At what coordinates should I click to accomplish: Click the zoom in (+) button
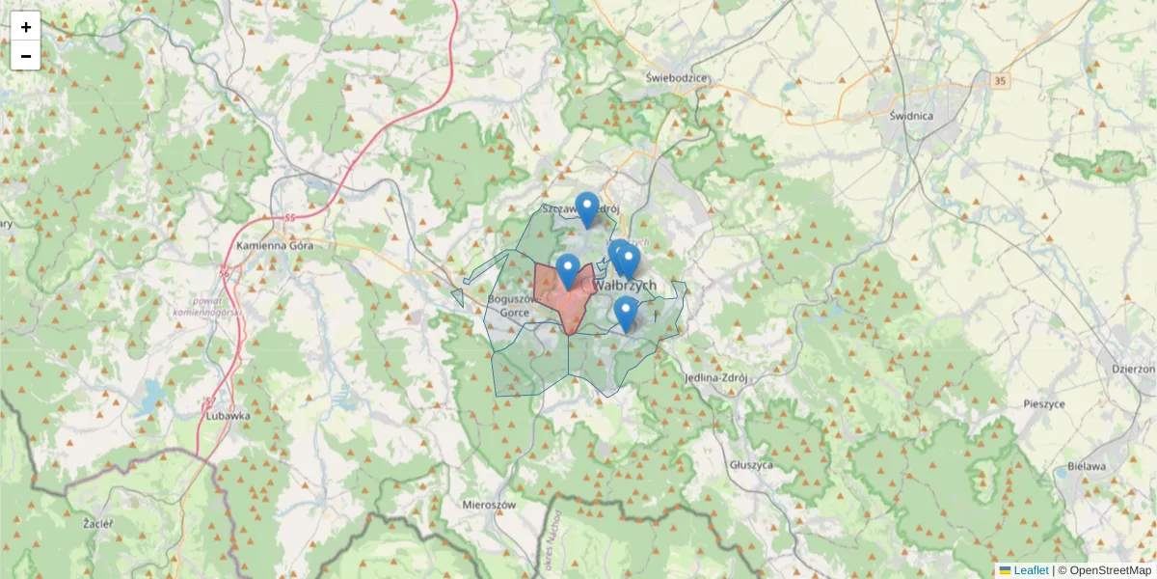(x=26, y=27)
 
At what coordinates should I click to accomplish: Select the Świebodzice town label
(x=678, y=78)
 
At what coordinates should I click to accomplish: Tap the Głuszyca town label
(x=752, y=464)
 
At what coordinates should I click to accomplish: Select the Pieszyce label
(x=1043, y=404)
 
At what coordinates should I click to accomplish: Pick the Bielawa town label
(x=1088, y=467)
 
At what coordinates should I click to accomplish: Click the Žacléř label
(x=96, y=523)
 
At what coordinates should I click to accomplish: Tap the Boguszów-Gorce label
(x=507, y=305)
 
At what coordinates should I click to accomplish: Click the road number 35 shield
(x=1000, y=81)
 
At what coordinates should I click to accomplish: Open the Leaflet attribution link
(x=1031, y=570)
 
